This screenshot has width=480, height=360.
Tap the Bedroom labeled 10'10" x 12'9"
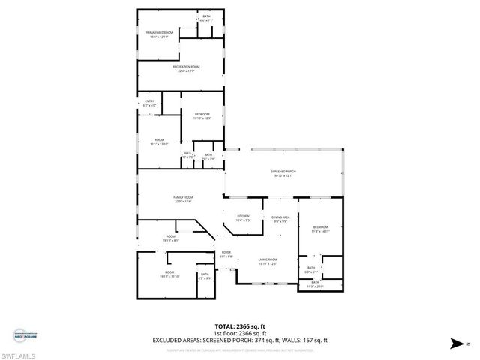pos(202,115)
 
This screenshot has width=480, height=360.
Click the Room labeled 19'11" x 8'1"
pos(171,238)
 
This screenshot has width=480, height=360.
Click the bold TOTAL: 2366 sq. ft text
pos(240,326)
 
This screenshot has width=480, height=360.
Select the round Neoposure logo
pos(20,335)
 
